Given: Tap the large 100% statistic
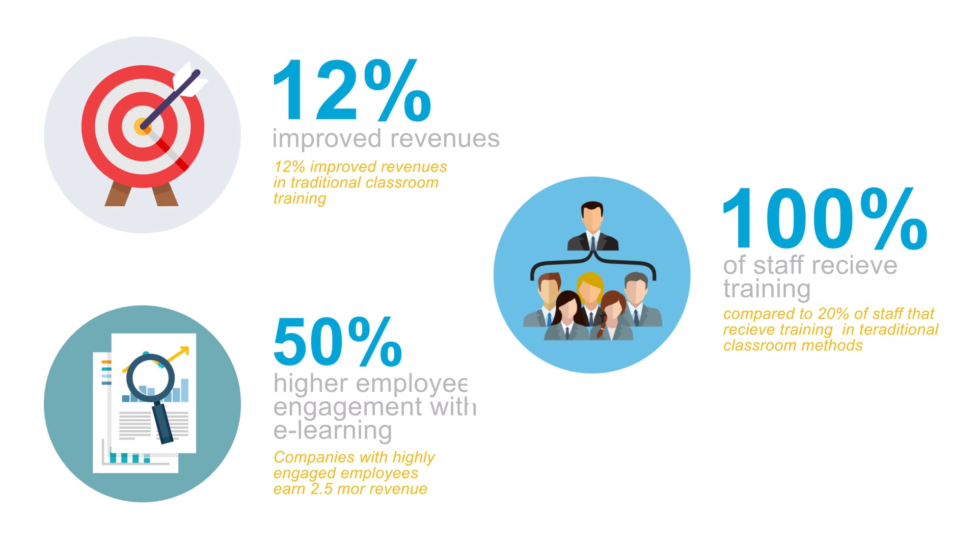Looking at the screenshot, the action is [x=825, y=218].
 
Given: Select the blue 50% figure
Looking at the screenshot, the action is [x=338, y=341].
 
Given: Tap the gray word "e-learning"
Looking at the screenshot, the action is [x=333, y=431].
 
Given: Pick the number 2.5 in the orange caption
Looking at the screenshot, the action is [x=322, y=489].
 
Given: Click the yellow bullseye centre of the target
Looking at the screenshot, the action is [x=142, y=127].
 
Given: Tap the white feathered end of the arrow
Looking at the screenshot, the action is [x=189, y=80].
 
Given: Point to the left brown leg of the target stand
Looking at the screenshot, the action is [x=117, y=196].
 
